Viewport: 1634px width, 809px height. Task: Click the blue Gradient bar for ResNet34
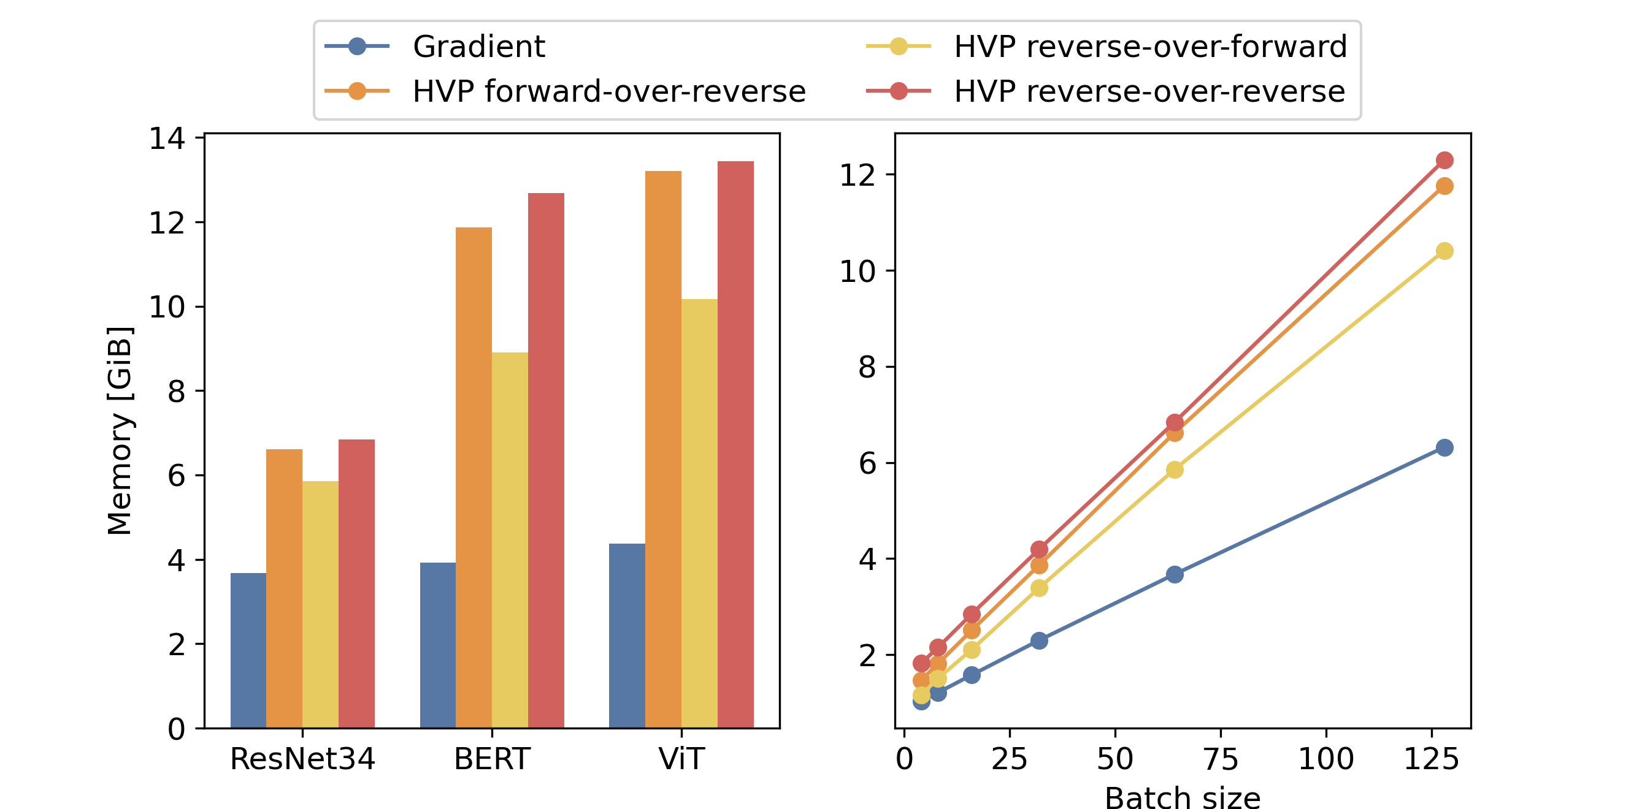(x=248, y=650)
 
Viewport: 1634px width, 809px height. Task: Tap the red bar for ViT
(x=735, y=444)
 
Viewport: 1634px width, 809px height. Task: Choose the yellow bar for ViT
(x=699, y=514)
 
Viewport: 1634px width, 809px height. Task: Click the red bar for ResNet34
(x=356, y=583)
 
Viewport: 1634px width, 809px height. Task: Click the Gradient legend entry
(x=478, y=47)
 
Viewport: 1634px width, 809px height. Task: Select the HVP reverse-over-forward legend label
(x=1150, y=47)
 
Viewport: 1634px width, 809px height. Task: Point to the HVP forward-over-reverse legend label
(x=609, y=91)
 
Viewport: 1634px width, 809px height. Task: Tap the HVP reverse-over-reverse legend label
(x=1149, y=91)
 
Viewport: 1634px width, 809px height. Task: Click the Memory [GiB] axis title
(x=120, y=431)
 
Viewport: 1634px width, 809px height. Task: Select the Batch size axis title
(x=1183, y=797)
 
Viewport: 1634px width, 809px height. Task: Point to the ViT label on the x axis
(x=681, y=759)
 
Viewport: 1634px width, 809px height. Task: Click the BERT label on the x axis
(x=491, y=759)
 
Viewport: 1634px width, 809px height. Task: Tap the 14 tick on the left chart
(x=167, y=139)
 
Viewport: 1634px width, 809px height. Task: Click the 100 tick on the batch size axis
(x=1325, y=759)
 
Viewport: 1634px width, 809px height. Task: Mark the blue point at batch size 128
(x=1444, y=447)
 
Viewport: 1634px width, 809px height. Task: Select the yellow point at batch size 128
(x=1444, y=251)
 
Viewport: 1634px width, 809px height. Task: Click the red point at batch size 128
(x=1444, y=160)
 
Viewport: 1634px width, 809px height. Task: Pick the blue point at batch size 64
(x=1174, y=574)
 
